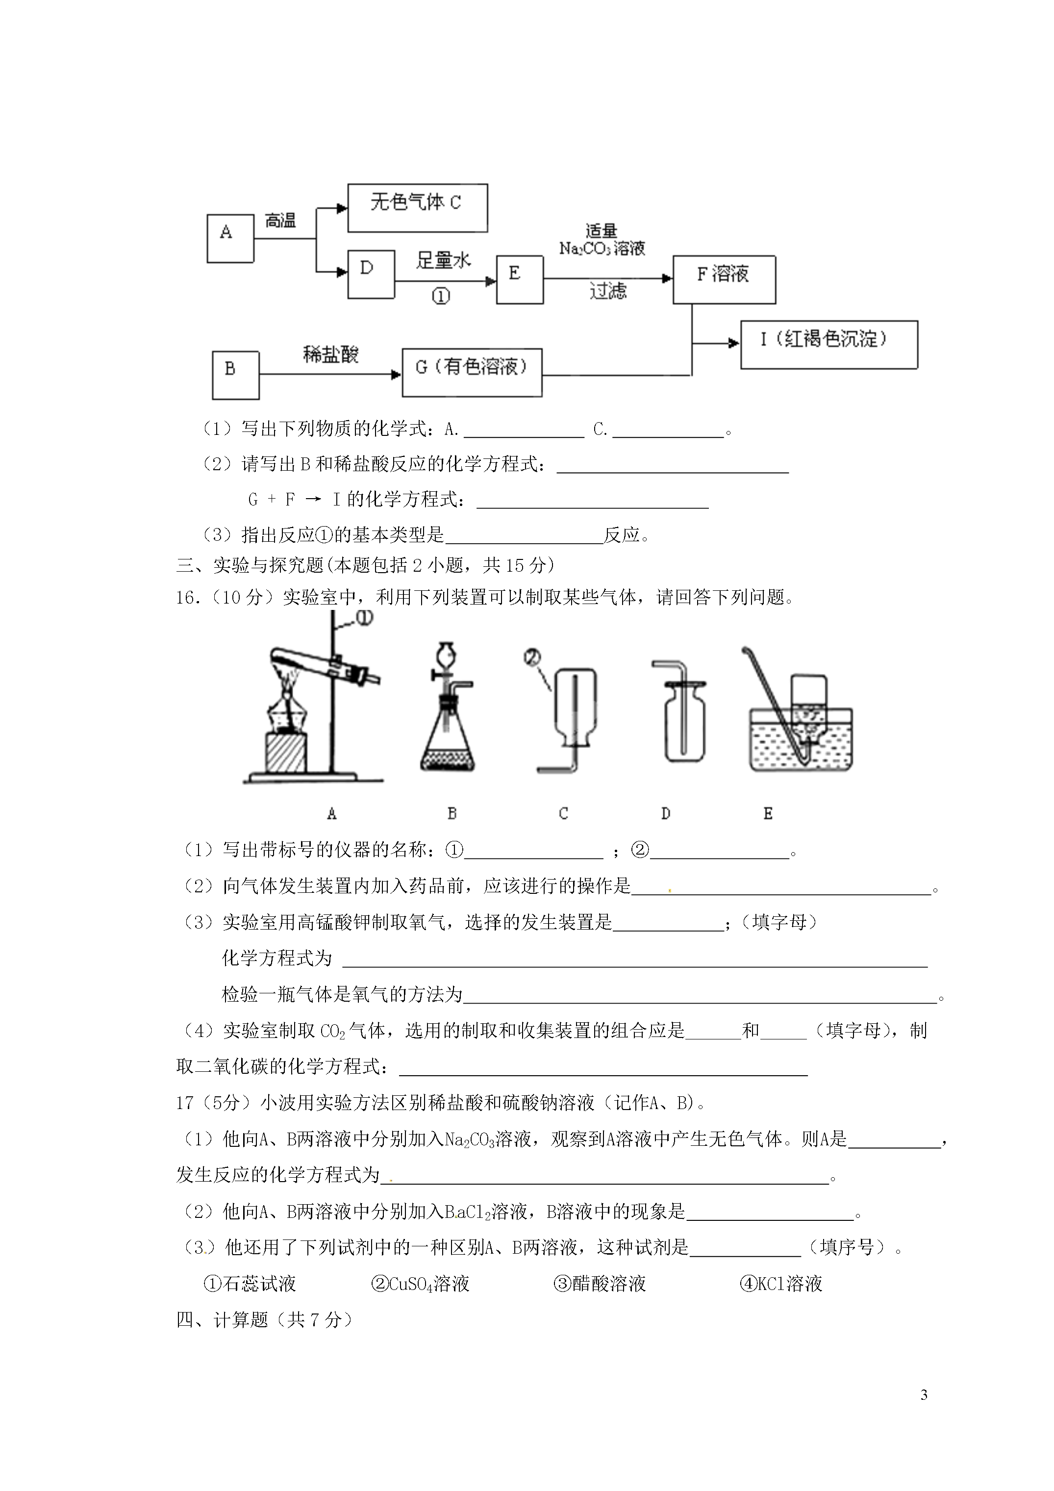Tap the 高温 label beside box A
pos(280,221)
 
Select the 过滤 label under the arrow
pos(608,291)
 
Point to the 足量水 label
pos(444,260)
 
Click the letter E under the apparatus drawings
pos(768,813)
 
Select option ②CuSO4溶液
pos(420,1284)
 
